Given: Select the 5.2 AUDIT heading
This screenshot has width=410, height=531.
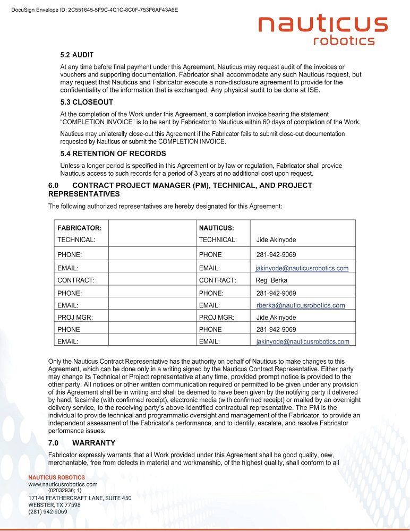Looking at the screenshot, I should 77,55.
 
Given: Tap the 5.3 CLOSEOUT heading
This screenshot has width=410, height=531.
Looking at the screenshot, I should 87,102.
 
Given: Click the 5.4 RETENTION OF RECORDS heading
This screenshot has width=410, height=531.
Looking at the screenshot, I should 113,153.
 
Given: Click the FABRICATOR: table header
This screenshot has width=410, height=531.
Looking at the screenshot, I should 79,228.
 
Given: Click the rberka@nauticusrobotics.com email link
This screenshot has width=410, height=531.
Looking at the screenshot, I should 301,305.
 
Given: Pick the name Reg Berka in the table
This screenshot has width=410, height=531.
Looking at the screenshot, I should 271,280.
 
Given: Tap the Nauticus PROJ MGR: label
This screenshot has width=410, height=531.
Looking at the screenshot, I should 217,318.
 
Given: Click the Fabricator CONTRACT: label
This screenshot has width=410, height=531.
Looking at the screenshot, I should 76,280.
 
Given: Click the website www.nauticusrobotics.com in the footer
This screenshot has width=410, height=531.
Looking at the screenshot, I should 63,484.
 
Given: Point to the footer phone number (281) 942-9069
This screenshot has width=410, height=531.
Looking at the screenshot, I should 47,512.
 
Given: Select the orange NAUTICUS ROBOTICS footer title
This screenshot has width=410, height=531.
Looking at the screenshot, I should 56,477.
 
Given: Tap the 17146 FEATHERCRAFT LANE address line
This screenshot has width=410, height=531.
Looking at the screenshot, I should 80,498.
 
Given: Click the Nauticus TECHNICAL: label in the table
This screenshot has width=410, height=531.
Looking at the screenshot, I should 217,240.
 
